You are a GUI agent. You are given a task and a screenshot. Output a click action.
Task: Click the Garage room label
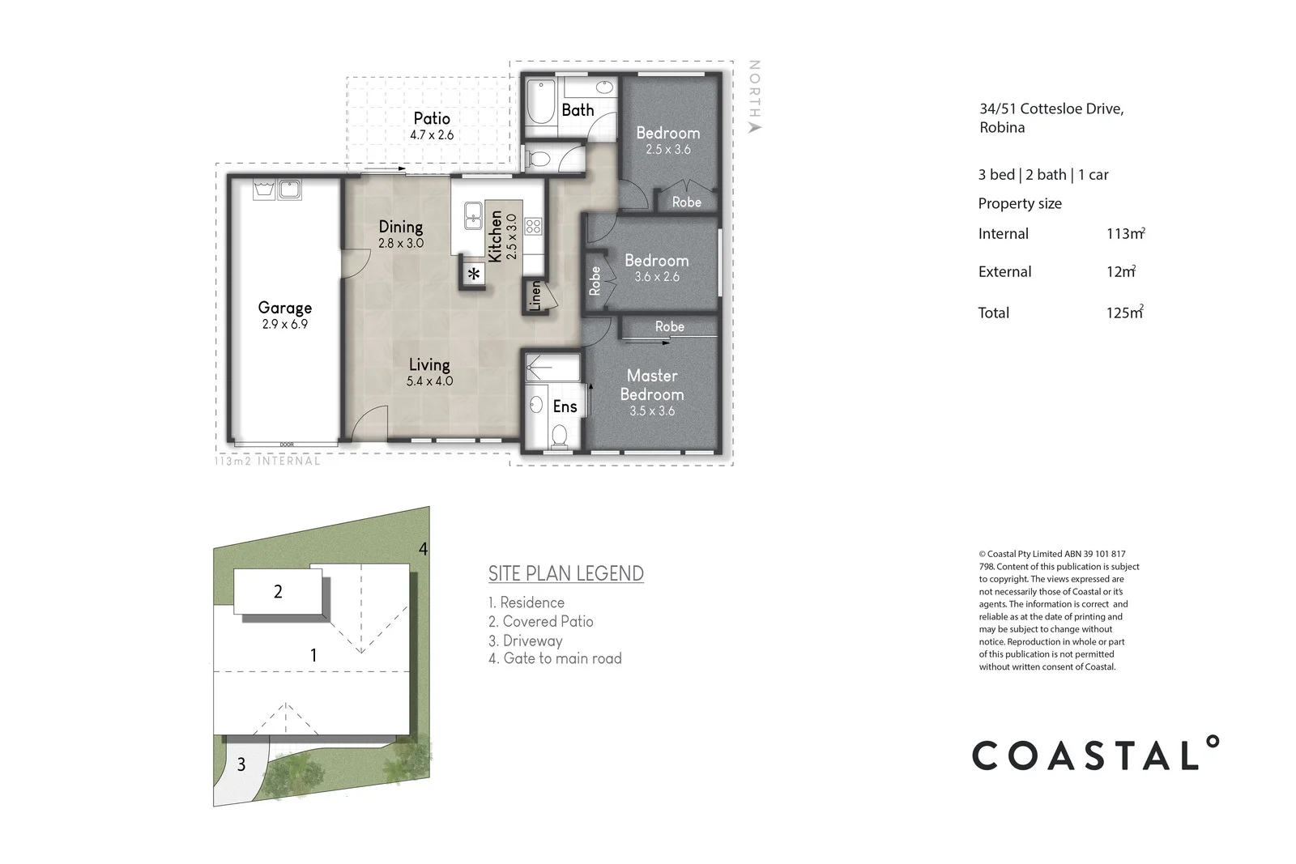point(284,308)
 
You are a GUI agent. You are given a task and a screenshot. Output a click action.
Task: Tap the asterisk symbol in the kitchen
point(474,275)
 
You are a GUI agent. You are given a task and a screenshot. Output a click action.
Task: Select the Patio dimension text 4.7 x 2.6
point(432,135)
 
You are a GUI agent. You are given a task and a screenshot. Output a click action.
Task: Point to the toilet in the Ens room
point(559,436)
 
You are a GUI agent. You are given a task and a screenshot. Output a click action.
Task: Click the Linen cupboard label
point(535,296)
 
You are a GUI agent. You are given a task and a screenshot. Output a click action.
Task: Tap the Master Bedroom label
point(652,385)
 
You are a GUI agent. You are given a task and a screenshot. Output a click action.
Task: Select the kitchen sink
point(473,218)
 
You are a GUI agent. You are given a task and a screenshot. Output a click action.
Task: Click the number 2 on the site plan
point(278,592)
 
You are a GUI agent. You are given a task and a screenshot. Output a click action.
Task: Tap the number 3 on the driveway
point(241,764)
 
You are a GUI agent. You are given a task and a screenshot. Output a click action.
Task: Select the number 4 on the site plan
point(423,549)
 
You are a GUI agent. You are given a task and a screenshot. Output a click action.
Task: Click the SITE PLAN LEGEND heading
point(565,573)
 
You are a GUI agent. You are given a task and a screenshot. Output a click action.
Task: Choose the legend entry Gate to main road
point(555,658)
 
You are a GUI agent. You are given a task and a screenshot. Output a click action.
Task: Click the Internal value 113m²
point(1125,234)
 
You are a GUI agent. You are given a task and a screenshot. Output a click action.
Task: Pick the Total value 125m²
point(1124,313)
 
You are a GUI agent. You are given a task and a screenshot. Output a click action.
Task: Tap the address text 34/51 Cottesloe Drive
point(1051,109)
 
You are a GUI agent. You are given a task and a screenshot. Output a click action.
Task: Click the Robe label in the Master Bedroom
point(669,326)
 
